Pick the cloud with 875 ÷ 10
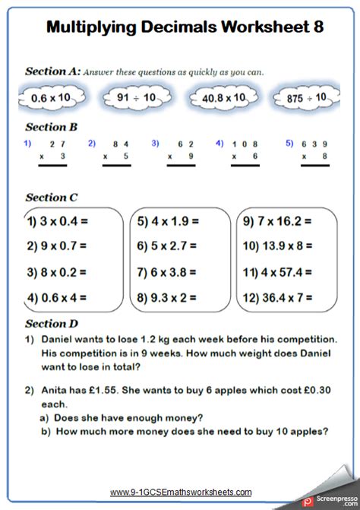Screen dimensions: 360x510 coord(307,98)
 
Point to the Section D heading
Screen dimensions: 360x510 coord(52,324)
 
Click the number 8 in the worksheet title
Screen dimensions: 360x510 coord(317,27)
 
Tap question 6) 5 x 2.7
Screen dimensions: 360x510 coord(167,245)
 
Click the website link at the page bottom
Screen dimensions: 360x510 coord(181,493)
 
